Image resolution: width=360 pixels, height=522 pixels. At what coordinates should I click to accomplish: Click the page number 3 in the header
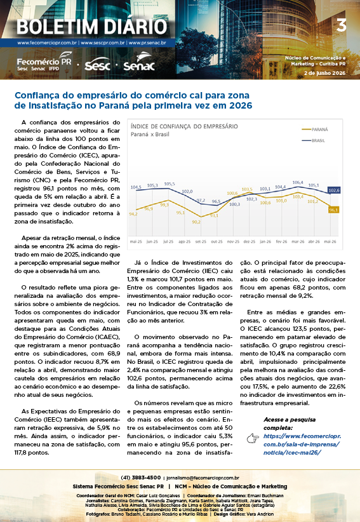point(342,25)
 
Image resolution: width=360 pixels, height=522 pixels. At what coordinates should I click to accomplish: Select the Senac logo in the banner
point(140,62)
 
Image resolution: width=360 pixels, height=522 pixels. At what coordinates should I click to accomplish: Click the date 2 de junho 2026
point(324,73)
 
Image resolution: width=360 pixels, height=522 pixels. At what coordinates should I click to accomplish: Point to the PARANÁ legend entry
point(315,130)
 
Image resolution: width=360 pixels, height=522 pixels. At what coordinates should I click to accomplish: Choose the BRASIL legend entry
point(314,140)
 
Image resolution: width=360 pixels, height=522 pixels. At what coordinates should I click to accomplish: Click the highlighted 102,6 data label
point(334,191)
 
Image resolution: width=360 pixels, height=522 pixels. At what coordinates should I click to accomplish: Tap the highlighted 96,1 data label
point(334,210)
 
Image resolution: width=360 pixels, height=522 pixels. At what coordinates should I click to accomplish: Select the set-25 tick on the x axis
point(201,241)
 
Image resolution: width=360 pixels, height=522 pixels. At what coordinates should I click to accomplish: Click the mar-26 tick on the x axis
point(298,241)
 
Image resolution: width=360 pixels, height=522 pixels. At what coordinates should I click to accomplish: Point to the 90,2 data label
point(196,222)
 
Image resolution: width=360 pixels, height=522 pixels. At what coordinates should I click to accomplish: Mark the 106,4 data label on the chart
point(298,182)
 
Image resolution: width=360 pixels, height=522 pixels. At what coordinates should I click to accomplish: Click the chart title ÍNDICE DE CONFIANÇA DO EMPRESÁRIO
point(184,126)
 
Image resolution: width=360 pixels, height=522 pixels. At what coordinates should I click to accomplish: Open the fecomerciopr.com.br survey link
point(302,444)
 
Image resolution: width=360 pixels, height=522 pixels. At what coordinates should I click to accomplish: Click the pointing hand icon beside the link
point(253,438)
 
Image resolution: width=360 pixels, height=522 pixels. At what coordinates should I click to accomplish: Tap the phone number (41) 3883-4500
point(141,478)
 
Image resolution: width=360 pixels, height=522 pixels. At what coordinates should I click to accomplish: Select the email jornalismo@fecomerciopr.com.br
point(203,478)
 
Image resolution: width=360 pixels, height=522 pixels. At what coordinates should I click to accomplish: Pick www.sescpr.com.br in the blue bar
point(103,43)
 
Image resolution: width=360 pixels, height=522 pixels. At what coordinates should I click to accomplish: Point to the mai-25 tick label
point(136,241)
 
